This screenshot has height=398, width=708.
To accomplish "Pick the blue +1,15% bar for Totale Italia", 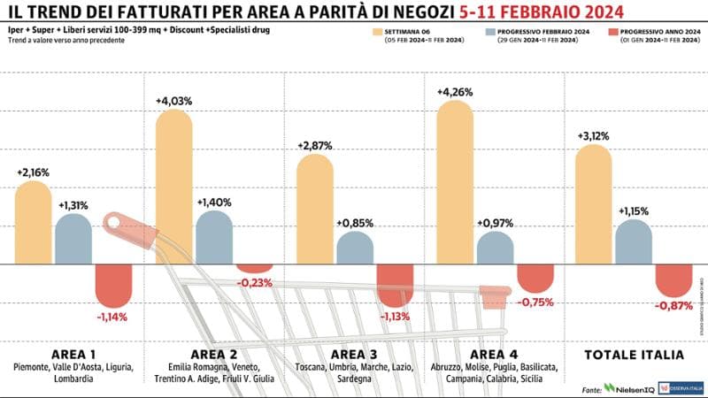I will click(x=634, y=242).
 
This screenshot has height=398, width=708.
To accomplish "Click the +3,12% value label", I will click(x=593, y=135).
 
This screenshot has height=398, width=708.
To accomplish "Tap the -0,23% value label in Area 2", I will click(x=255, y=283).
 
